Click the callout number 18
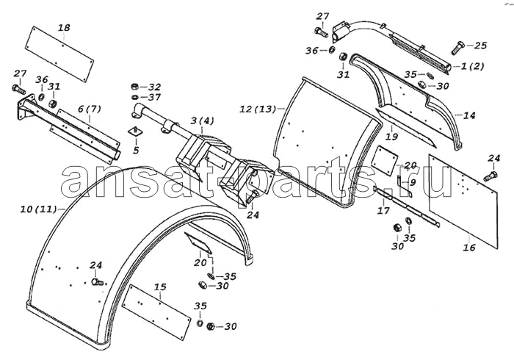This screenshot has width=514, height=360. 65,27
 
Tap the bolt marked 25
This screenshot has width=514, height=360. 457,48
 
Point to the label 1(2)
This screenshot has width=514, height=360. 472,66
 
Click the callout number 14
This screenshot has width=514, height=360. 469,115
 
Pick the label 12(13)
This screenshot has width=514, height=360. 258,109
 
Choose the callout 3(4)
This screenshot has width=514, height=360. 202,121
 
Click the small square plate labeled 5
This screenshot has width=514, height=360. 136,132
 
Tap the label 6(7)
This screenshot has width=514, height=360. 89,109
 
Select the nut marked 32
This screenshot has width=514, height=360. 134,87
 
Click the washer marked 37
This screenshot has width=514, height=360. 134,97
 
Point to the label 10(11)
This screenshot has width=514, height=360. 39,209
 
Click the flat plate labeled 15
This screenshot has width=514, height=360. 156,312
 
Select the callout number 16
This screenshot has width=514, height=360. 469,247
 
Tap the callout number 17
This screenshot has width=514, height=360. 383,210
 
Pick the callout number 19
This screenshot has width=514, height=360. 391,137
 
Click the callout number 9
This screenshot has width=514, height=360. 413,182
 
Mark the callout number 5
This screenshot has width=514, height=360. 136,150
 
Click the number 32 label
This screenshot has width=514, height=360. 155,87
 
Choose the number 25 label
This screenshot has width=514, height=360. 480,46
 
